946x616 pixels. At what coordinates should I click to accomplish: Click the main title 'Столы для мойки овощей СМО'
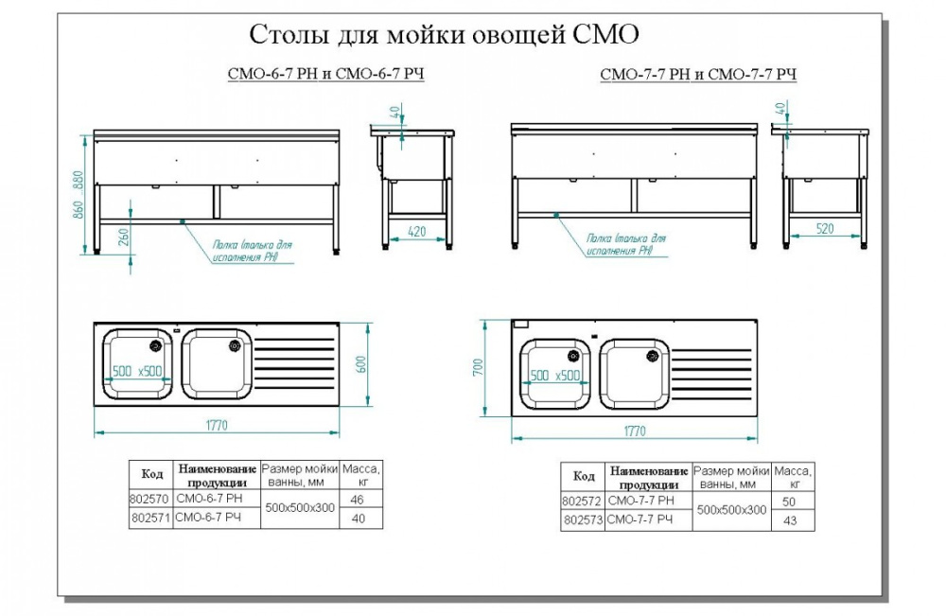[445, 35]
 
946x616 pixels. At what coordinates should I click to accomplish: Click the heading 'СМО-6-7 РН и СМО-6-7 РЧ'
[325, 75]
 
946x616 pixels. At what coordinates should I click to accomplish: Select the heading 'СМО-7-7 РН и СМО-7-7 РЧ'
[698, 75]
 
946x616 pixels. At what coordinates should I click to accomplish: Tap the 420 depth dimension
[416, 230]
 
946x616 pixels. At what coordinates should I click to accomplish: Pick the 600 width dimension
[359, 365]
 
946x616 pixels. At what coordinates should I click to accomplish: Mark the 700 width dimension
[480, 366]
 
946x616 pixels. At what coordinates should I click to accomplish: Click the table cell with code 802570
[149, 498]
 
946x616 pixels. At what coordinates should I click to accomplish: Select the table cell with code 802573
[582, 520]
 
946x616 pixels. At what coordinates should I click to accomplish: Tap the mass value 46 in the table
[357, 498]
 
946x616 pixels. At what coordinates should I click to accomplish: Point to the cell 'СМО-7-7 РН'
[641, 501]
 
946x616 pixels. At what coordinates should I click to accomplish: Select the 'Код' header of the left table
[151, 474]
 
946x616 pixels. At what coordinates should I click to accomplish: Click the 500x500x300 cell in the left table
[300, 508]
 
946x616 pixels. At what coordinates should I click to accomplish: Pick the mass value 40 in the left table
[357, 518]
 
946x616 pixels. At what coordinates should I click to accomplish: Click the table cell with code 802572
[582, 501]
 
